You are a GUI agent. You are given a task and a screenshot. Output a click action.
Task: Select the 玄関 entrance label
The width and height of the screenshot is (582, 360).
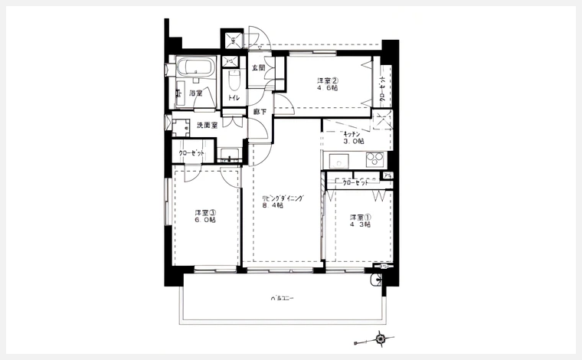[259, 67]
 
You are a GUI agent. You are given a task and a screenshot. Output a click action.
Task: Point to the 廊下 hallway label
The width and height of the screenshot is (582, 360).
[260, 112]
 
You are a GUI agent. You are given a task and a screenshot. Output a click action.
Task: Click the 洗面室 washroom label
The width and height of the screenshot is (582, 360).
[207, 124]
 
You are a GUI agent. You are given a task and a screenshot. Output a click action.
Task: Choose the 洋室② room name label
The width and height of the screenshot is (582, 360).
[329, 80]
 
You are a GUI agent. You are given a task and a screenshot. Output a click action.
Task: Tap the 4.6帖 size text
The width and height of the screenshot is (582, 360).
[329, 90]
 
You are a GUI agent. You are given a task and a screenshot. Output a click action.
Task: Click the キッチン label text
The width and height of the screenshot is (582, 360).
[352, 133]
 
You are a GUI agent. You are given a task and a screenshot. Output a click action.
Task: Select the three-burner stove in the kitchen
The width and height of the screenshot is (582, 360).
[374, 159]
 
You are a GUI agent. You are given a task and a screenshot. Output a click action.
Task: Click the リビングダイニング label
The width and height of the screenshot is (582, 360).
[283, 198]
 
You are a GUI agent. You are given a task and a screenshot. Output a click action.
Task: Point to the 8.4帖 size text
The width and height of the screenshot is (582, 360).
[273, 206]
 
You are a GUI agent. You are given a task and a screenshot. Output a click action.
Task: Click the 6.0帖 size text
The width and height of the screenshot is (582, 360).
[204, 221]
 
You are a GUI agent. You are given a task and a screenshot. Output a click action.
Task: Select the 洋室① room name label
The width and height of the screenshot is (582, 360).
[360, 216]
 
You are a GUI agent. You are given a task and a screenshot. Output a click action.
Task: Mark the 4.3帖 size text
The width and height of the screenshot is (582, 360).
[360, 225]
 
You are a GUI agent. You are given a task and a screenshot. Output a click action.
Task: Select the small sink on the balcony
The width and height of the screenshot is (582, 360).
[375, 281]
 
